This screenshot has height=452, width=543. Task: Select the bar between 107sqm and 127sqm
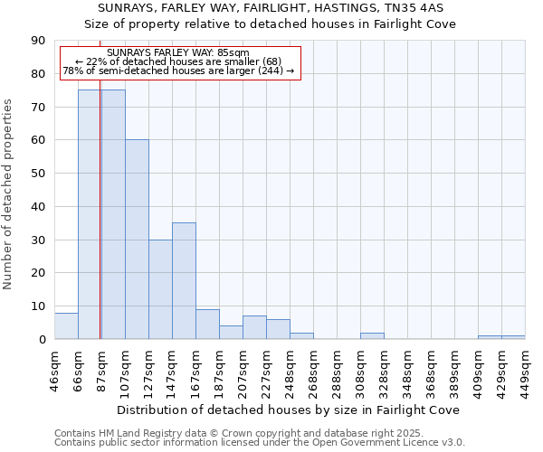coord(137,240)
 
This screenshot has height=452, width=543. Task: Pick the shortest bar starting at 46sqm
coord(66,326)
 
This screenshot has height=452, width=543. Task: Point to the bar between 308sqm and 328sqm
coord(372,335)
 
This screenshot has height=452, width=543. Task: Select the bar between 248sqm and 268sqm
coord(301,335)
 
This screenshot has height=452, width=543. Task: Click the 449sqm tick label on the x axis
coord(525,372)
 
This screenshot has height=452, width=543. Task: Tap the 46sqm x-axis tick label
coord(54,372)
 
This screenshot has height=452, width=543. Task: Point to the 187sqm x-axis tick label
coord(219,372)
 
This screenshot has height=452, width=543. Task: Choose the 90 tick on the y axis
coord(40,41)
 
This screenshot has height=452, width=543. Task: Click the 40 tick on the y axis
coord(40,206)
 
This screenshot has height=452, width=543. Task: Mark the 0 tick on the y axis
coord(43,339)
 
